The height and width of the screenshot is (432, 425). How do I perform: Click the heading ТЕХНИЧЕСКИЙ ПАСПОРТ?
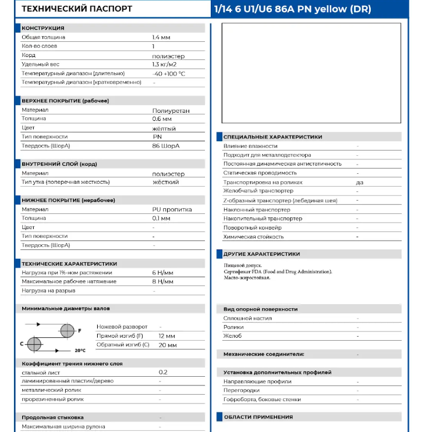coord(77,9)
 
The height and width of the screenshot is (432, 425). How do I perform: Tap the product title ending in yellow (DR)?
coord(292,9)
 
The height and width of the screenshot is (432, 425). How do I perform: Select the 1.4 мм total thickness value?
coord(161,37)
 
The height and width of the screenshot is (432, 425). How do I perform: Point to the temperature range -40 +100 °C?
coord(169,73)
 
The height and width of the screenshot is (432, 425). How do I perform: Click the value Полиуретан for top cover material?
coord(171,110)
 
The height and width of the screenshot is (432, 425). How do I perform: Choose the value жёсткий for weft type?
coord(165,182)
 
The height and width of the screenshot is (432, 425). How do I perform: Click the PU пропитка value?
coord(172,209)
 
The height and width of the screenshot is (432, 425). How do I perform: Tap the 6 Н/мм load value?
coord(162,272)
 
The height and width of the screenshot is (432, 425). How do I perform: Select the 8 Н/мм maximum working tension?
coord(162,281)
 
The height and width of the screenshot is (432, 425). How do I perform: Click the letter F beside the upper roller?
coord(79,330)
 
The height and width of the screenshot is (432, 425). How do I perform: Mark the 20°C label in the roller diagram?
coord(80,351)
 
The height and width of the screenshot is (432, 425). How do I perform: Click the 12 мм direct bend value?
coord(167,336)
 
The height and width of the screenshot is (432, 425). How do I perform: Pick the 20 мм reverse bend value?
coord(167,345)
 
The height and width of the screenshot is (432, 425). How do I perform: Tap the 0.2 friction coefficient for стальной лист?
coord(163,372)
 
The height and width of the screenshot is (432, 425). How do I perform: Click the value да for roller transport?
coord(360,182)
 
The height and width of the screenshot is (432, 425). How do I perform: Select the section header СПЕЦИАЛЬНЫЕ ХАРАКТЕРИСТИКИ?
coord(272,137)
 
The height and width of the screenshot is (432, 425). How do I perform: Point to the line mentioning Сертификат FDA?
coord(278,272)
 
